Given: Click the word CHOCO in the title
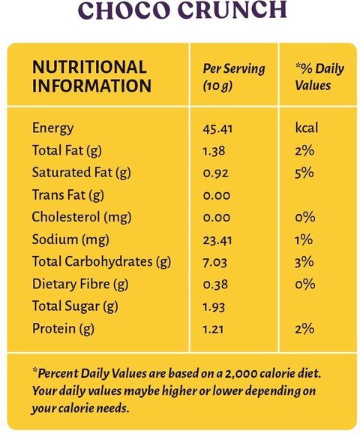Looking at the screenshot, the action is (124, 10).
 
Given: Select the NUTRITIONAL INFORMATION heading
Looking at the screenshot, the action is (91, 76).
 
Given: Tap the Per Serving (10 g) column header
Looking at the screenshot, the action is (234, 77).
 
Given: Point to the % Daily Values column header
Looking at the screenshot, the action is (319, 77).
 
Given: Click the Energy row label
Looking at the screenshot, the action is (52, 128).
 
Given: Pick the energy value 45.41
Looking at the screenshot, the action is (217, 129).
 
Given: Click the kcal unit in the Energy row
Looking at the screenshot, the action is (307, 128).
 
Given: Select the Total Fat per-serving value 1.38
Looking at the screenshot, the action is (214, 151).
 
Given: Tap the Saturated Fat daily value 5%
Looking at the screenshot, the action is (304, 173).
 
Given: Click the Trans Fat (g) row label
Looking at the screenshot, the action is (68, 195).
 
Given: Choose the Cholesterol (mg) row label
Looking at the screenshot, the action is (82, 217).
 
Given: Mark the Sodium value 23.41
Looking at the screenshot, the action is (217, 240).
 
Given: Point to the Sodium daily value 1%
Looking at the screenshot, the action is (304, 240).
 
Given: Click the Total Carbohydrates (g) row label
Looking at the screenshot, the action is (101, 262).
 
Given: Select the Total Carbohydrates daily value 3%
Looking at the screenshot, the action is (304, 262).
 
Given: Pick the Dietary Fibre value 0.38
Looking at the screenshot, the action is (215, 285).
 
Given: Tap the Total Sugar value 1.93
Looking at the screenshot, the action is (214, 307).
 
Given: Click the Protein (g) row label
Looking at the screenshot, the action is (63, 329).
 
